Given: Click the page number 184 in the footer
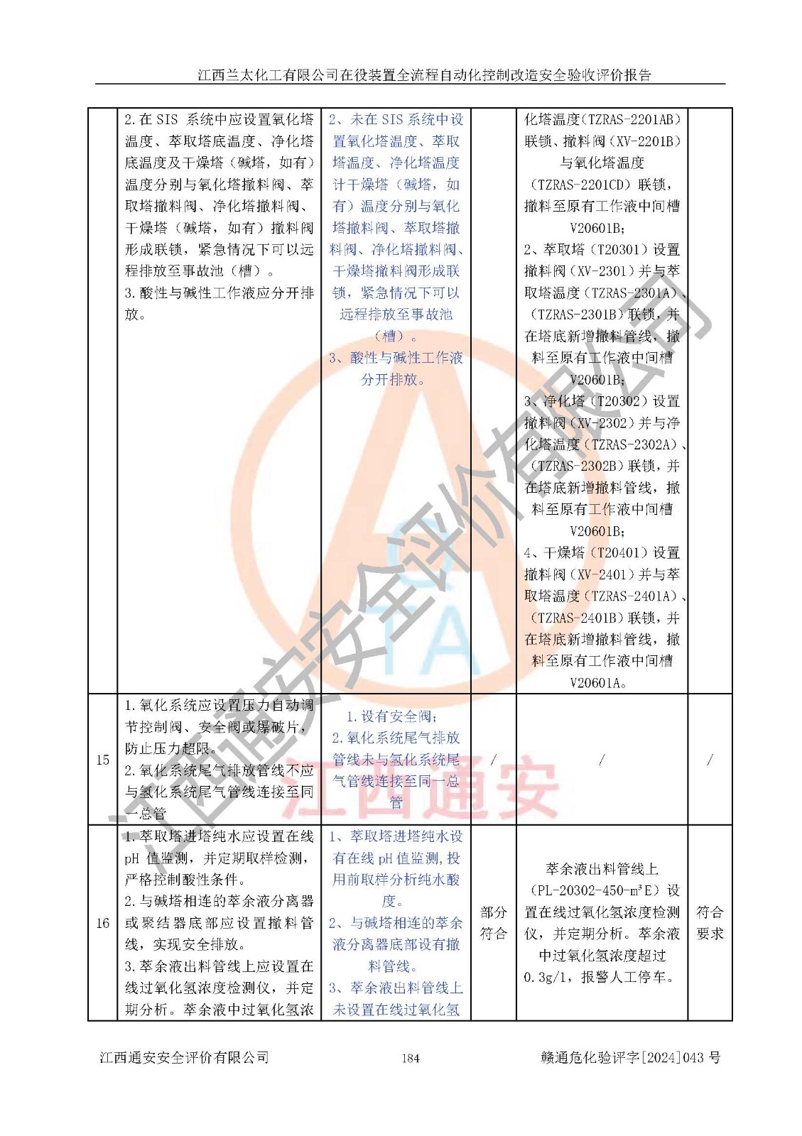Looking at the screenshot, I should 410,1058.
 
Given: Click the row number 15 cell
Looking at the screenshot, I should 102,760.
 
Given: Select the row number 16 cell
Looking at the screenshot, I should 102,923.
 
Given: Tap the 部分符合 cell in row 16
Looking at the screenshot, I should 493,923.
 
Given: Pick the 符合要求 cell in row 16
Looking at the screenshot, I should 710,923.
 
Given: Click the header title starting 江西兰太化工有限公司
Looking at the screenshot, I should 424,75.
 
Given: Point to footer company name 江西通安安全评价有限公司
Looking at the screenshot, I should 184,1058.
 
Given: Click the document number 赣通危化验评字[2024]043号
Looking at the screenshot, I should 630,1058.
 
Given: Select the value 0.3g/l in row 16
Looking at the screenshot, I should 548,978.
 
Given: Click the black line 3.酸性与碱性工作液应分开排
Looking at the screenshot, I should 219,293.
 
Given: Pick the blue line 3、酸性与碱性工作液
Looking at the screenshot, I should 396,358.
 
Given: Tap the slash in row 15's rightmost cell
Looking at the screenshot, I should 710,760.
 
